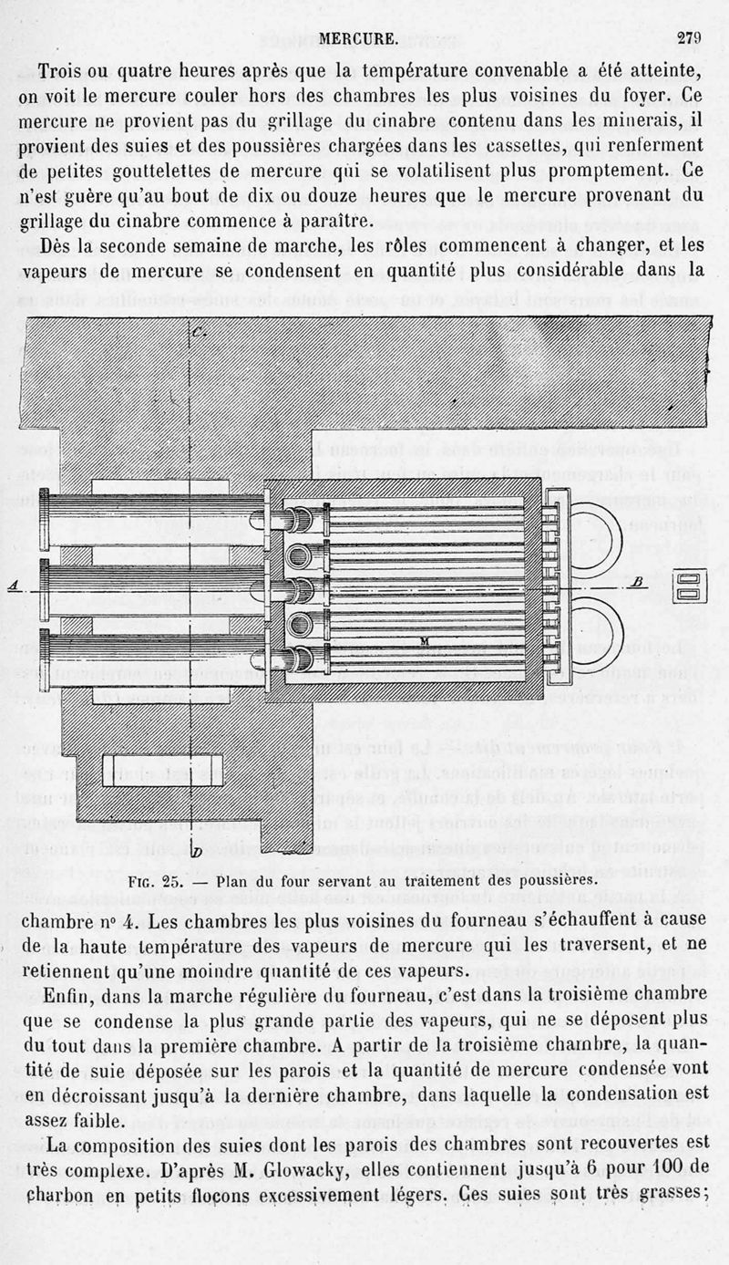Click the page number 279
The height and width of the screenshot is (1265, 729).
(688, 38)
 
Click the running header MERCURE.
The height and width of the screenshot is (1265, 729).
(360, 39)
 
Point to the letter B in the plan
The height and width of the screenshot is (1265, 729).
(638, 580)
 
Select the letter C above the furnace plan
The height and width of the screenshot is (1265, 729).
(200, 331)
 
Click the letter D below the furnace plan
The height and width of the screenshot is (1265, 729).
(197, 852)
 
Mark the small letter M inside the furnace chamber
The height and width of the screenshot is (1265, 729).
(424, 641)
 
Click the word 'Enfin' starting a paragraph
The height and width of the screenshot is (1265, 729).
(69, 993)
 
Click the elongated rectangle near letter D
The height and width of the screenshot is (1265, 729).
(162, 763)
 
